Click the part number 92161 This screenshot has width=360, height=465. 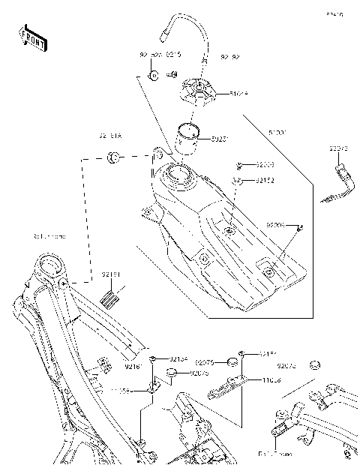[134, 366]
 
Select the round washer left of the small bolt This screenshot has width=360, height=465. [152, 76]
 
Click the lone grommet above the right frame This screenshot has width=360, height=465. [314, 365]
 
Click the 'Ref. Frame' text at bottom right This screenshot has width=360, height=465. [274, 454]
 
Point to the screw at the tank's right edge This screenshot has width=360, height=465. [299, 226]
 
